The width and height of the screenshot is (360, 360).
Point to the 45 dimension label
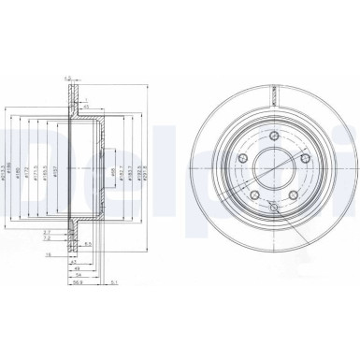tap(85, 107)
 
